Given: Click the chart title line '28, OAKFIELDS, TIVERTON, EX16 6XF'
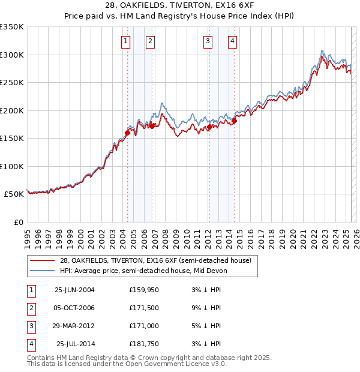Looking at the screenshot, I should (180, 7).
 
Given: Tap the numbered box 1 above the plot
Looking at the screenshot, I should (125, 41).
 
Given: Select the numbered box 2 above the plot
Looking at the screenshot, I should (150, 41).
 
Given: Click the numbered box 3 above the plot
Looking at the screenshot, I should (208, 41).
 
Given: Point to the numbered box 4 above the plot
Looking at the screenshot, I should (232, 41).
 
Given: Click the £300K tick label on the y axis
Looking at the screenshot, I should (12, 55).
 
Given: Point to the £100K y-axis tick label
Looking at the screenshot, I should (12, 166).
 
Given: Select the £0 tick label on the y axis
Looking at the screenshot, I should (18, 222).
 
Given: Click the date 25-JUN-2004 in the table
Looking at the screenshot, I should (74, 290).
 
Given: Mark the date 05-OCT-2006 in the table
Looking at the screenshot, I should (74, 308).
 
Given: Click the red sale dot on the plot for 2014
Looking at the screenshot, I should (235, 121).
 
